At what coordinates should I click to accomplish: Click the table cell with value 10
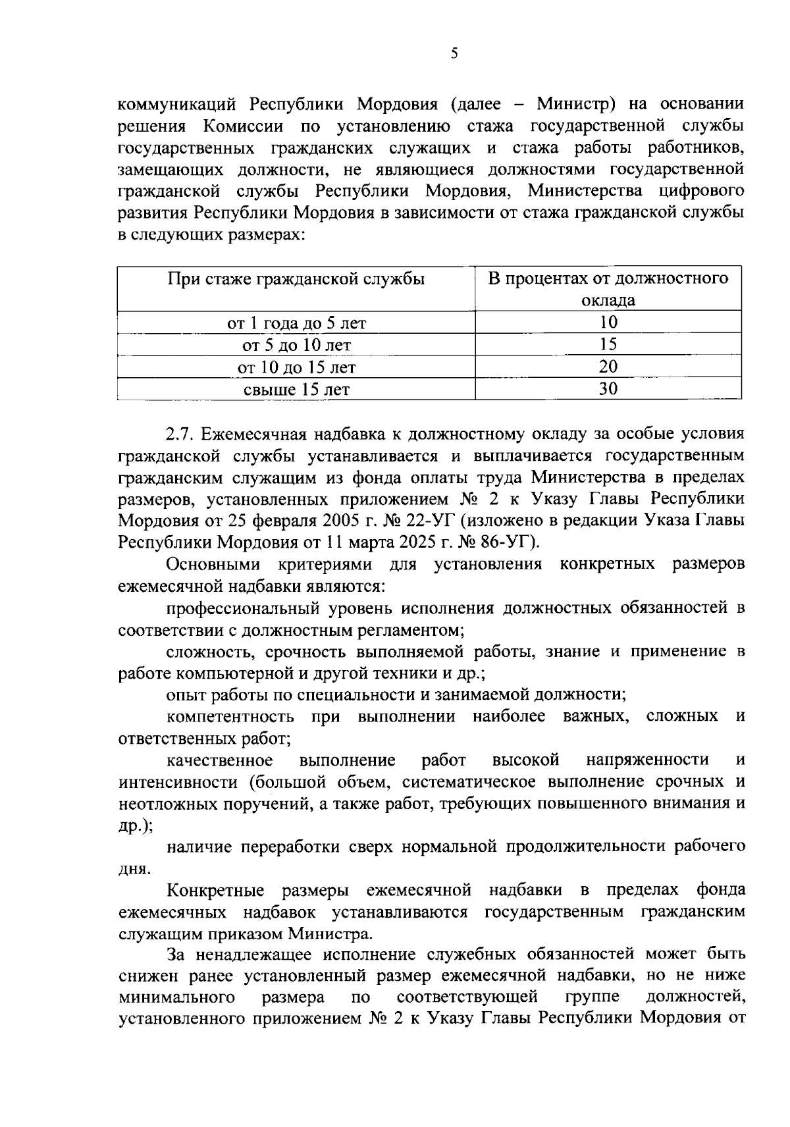(x=608, y=323)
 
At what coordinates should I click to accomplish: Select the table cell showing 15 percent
(x=608, y=345)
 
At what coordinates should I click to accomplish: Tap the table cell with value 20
(x=608, y=367)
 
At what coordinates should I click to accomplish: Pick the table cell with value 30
(x=608, y=389)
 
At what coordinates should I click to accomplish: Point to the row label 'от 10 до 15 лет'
(x=296, y=367)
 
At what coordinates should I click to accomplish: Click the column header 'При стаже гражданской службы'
(x=296, y=278)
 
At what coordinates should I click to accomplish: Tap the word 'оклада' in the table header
(x=608, y=301)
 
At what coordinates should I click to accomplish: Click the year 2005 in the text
(x=340, y=521)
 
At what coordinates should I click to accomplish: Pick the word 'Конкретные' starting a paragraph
(x=215, y=891)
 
